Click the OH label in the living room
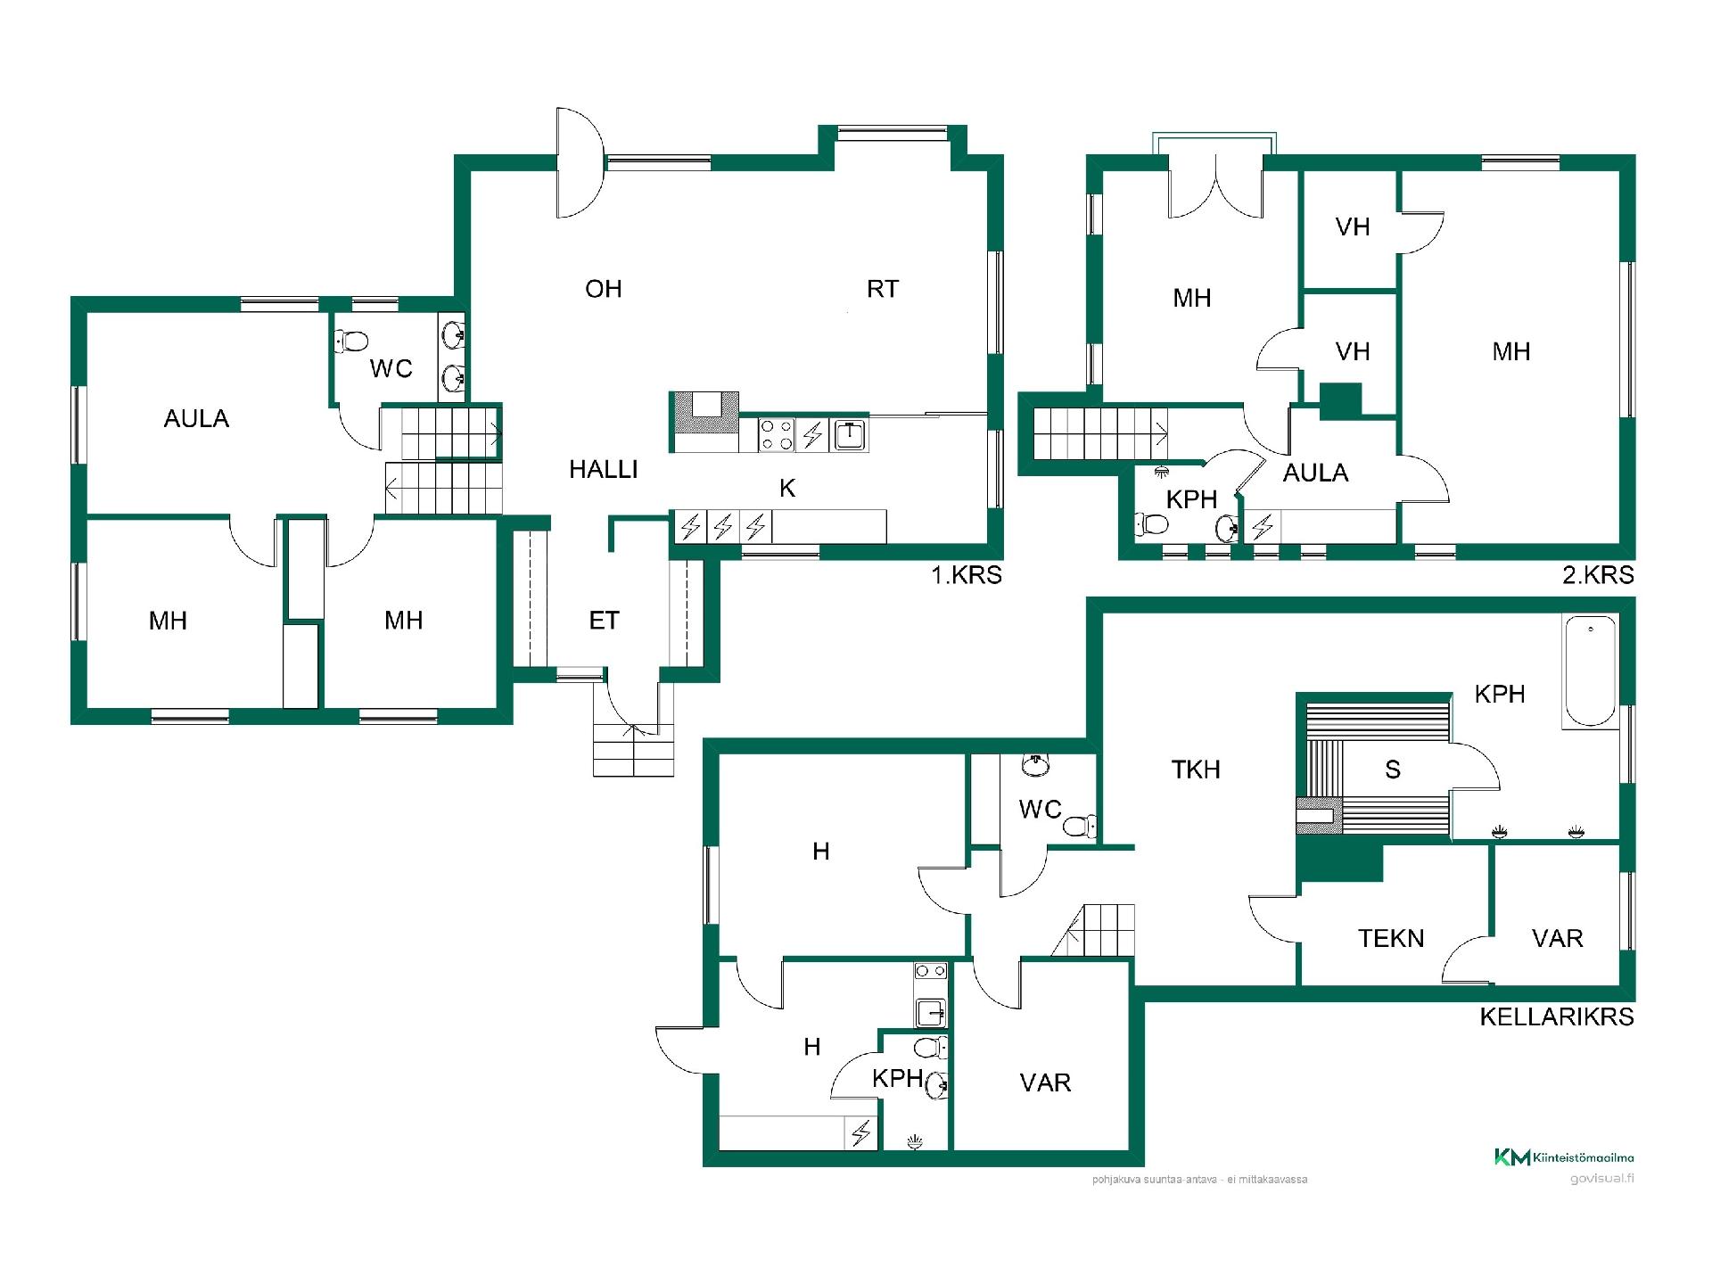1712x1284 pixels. [604, 289]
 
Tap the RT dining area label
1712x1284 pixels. [883, 289]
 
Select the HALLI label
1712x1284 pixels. [604, 470]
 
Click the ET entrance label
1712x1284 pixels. [604, 621]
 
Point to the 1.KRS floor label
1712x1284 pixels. [967, 575]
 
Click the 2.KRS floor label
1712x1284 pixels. [1599, 575]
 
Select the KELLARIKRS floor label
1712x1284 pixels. [1557, 1017]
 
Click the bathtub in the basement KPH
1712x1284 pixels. [1591, 671]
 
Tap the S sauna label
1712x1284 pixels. [1393, 770]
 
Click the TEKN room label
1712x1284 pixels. [1391, 938]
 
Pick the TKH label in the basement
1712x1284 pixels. [1196, 770]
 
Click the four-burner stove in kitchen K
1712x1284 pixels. [777, 435]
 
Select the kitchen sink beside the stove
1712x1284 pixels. [850, 435]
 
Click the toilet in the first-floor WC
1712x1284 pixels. [351, 341]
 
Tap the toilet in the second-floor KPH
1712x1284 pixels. [1152, 525]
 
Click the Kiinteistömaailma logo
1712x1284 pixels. [1564, 1157]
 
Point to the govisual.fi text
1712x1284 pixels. [1602, 1179]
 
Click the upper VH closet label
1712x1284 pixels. [1353, 227]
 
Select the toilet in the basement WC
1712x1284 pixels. [1080, 826]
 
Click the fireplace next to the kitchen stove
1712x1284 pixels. [704, 422]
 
